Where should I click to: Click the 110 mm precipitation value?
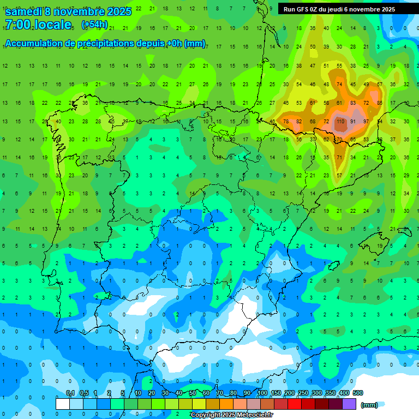coord(340,121)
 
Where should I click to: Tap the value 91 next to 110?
coord(353,121)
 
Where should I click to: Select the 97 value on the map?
coord(366,121)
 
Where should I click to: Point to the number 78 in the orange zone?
coord(285,121)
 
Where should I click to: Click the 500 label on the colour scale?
coord(358,393)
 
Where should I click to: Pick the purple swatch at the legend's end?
coord(350,404)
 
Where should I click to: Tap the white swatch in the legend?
coord(63,404)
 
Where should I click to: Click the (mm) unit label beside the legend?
coord(369,405)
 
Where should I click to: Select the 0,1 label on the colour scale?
coord(70,393)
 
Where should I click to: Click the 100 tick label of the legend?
coord(262,393)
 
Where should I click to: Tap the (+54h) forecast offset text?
coord(94,25)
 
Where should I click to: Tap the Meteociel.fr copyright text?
coord(231,415)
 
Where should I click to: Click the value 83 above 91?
coord(353,103)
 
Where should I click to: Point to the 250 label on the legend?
coord(303,393)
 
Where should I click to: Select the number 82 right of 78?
coord(298,121)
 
